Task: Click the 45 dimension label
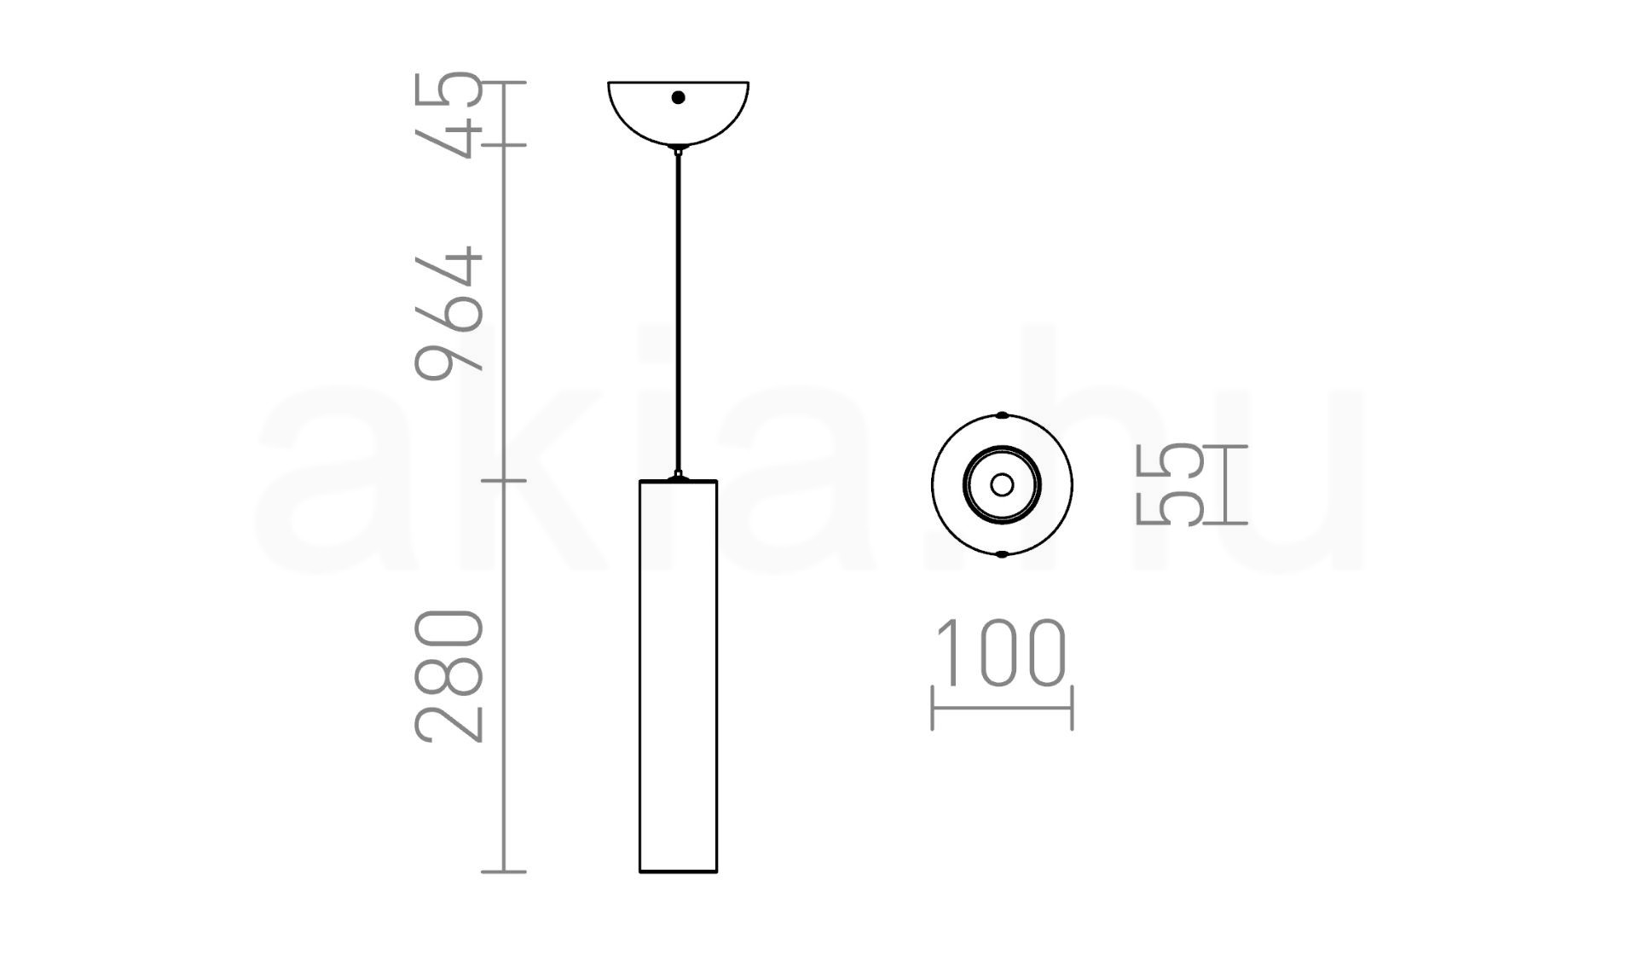pyautogui.click(x=448, y=114)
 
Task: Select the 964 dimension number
pyautogui.click(x=448, y=313)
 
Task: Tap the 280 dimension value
pyautogui.click(x=448, y=676)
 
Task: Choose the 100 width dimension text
pyautogui.click(x=1002, y=653)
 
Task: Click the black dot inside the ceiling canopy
pyautogui.click(x=678, y=97)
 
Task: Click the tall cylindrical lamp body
pyautogui.click(x=678, y=676)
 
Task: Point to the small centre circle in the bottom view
pyautogui.click(x=1002, y=484)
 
